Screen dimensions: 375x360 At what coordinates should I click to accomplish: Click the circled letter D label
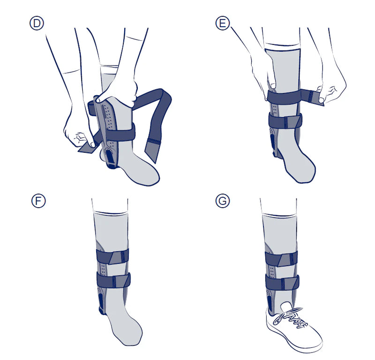[x=37, y=23]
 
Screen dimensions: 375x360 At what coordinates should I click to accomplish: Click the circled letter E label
[x=222, y=23]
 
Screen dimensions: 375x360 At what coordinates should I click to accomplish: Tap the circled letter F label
[x=38, y=201]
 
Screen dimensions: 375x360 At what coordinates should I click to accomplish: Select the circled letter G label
[x=223, y=201]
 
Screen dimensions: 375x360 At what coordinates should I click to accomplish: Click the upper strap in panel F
[x=112, y=256]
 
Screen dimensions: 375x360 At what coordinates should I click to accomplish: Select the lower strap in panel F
[x=113, y=281]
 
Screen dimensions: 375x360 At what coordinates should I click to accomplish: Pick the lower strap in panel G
[x=282, y=282]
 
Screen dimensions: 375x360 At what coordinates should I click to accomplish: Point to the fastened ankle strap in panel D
[x=120, y=133]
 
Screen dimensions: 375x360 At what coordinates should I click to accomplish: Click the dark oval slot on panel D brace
[x=110, y=156]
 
